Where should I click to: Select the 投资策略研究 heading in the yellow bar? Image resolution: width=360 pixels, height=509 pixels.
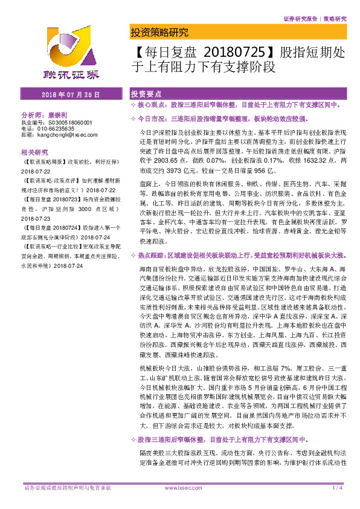coord(159,33)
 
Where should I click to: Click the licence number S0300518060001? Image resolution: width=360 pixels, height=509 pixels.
coord(72,122)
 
